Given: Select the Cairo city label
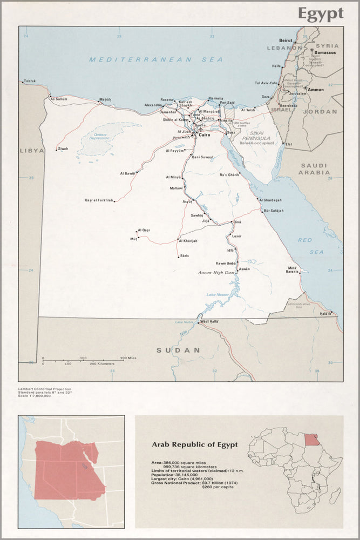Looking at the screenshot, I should point(205,134).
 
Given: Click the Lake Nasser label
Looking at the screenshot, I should point(218,294).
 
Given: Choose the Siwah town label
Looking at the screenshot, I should point(63,148).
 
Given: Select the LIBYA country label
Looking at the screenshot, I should point(31,151).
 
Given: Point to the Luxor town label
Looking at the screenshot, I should point(237,237).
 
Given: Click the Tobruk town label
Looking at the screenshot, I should point(30,81).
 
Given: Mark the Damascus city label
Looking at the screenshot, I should point(325,52).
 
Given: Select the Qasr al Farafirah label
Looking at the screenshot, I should point(99,200).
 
